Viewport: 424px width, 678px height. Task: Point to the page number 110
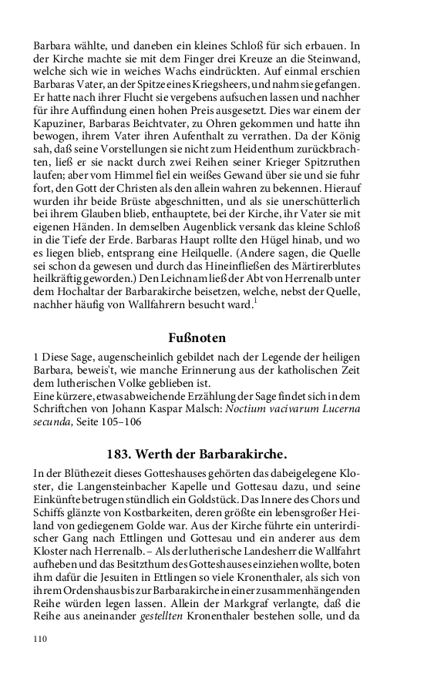pos(41,639)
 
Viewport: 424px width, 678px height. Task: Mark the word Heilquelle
pos(237,259)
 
